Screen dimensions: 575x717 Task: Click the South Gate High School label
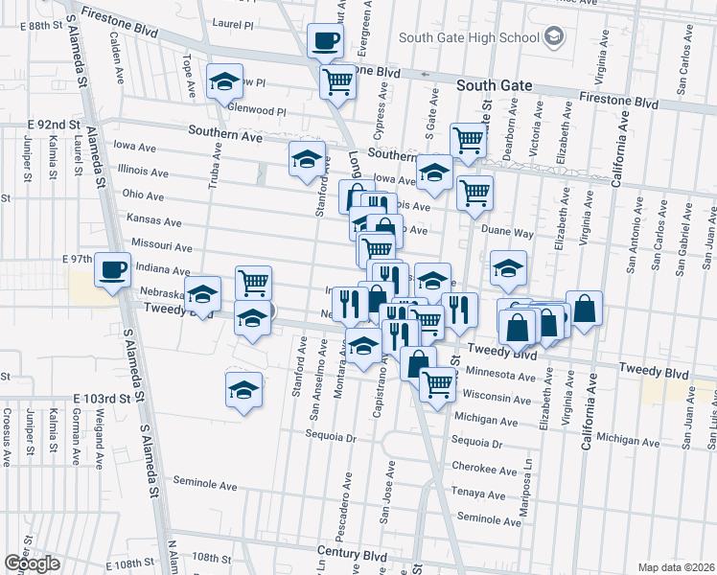pyautogui.click(x=468, y=37)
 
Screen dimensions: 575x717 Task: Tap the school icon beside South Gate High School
pyautogui.click(x=554, y=37)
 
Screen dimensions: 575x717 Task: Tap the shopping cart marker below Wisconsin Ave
pyautogui.click(x=437, y=385)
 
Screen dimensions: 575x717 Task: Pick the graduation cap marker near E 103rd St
pyautogui.click(x=243, y=390)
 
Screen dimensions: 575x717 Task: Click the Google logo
pyautogui.click(x=32, y=563)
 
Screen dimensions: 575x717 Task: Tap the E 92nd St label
pyautogui.click(x=53, y=125)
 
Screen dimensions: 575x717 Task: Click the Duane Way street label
pyautogui.click(x=508, y=233)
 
